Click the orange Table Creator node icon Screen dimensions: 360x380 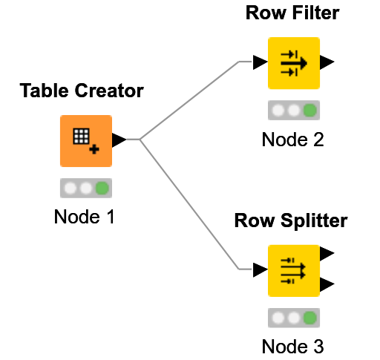85,140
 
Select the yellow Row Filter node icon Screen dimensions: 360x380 293,62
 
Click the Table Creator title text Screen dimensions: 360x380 82,91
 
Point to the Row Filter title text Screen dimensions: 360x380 292,14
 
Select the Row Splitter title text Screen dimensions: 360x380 291,221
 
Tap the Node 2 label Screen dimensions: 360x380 292,140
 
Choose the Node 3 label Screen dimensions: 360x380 292,347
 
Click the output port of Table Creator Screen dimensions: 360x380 118,140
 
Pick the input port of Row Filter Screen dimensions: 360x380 259,62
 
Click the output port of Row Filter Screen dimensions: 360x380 327,62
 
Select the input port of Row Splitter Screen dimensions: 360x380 259,269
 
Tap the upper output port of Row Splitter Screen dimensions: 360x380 327,254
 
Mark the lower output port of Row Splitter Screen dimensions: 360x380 327,284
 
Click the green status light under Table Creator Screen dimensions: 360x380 102,188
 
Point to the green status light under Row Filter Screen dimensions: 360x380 310,111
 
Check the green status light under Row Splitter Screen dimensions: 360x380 310,318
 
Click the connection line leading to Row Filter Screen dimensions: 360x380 189,100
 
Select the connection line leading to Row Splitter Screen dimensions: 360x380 189,204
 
